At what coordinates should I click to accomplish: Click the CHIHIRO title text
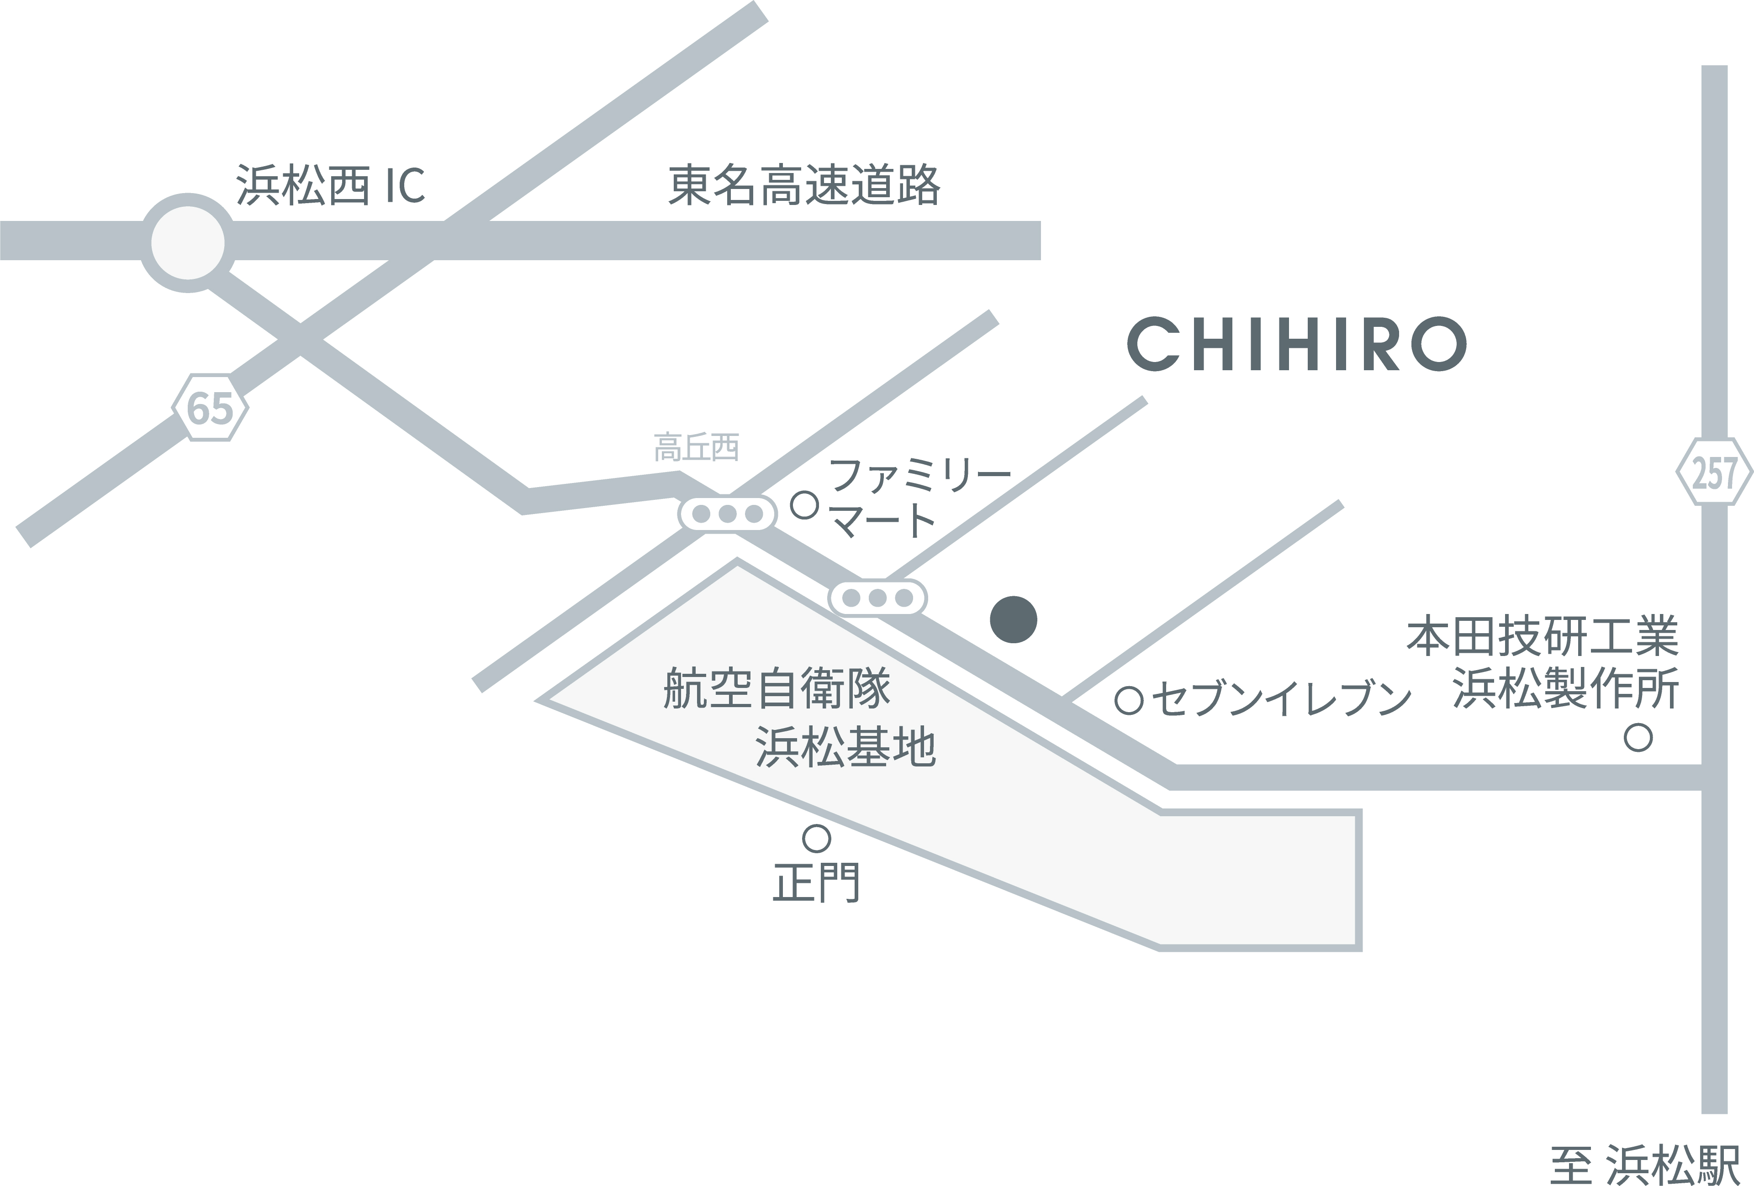point(1297,345)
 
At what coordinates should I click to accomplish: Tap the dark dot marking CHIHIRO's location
point(1014,619)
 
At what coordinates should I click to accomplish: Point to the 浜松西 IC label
point(331,185)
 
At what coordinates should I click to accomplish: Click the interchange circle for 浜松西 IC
point(188,243)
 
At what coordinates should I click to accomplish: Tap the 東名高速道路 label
point(804,185)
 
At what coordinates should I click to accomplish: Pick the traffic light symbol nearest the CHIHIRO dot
point(877,599)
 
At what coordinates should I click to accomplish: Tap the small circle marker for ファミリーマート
point(804,505)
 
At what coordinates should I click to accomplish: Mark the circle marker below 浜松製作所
point(1638,737)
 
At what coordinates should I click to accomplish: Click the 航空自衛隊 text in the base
point(777,688)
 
